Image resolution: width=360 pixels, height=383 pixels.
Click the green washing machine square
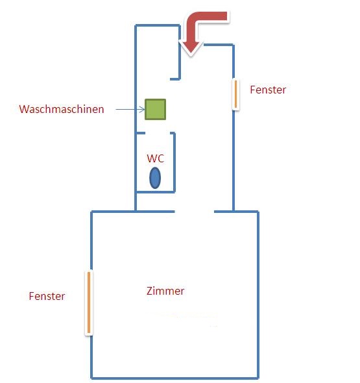coord(155,109)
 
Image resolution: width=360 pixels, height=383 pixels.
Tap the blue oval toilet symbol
coord(155,178)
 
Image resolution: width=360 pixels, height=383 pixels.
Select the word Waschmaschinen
coord(62,109)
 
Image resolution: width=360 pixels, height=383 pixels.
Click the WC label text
coord(156,158)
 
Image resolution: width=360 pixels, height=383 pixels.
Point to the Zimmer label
coord(165,291)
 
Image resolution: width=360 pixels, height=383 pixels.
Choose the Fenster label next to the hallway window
coord(268,90)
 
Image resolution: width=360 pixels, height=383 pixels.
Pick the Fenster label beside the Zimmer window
coord(47,296)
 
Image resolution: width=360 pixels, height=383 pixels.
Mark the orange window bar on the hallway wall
coord(235,94)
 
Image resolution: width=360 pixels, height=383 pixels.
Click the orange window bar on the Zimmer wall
coord(89,303)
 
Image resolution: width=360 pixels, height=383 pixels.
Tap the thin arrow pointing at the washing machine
coord(130,109)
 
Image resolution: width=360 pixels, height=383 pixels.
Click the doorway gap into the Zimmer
coord(195,212)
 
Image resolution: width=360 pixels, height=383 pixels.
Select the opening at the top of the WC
coord(158,133)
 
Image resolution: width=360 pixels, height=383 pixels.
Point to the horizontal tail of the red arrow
coord(213,16)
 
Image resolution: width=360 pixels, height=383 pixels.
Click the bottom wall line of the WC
coord(156,192)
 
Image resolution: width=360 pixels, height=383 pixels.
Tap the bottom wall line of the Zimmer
coord(174,378)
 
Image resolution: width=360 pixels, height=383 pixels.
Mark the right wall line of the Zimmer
coord(258,295)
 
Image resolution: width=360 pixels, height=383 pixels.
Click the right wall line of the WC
coord(174,162)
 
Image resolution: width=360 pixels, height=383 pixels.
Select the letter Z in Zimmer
coord(149,291)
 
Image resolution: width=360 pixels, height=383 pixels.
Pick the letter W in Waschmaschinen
coord(24,109)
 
